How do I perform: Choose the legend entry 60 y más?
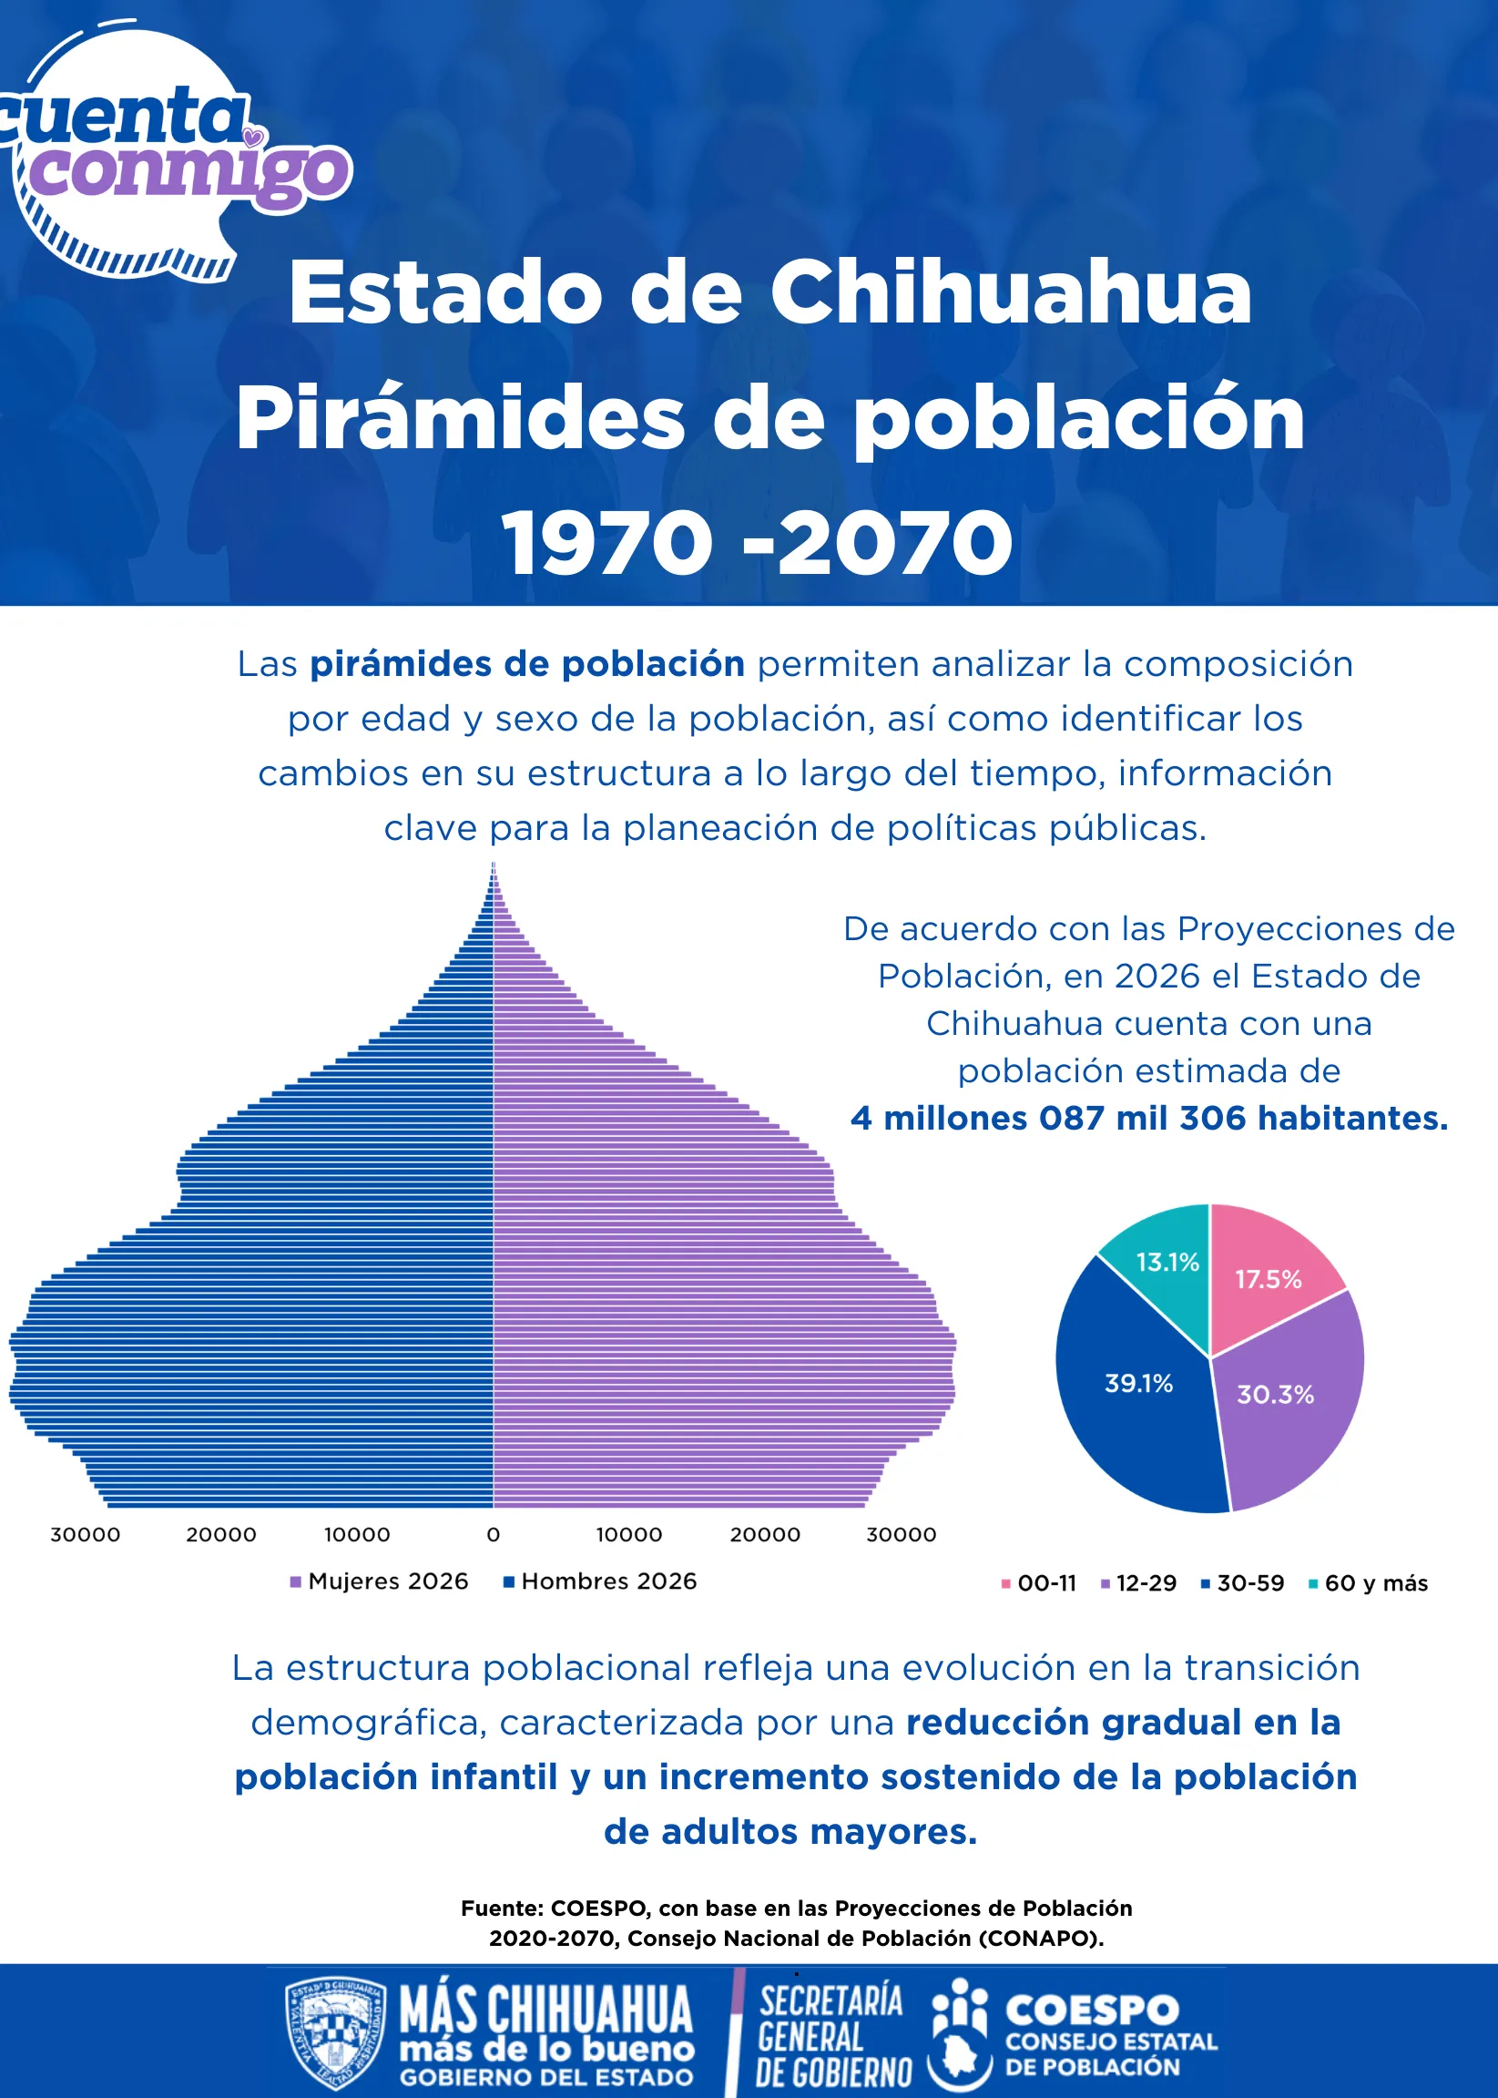[x=1368, y=1583]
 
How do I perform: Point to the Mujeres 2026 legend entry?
[x=379, y=1581]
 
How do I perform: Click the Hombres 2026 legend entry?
[x=599, y=1581]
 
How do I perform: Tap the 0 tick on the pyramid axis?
[x=494, y=1534]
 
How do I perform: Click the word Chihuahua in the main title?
[x=1011, y=292]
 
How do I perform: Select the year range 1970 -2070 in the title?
[x=759, y=541]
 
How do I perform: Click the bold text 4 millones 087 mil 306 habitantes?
[x=1149, y=1118]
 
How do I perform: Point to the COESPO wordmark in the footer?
[x=1092, y=2011]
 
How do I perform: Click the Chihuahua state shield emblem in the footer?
[x=336, y=2035]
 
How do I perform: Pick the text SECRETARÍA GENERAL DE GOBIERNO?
[x=831, y=2035]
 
